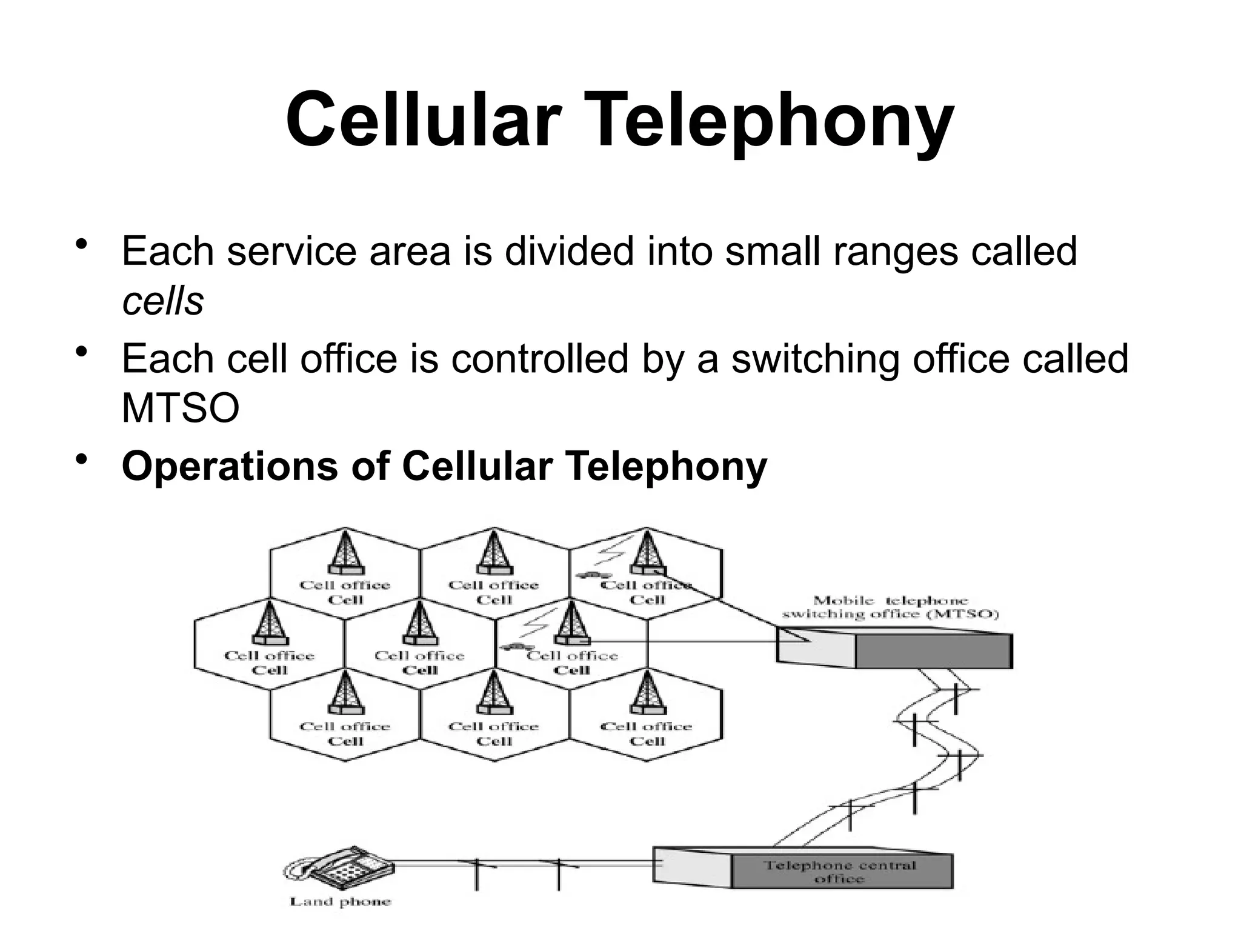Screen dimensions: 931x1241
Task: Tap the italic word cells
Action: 162,301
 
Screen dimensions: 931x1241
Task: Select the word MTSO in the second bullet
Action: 181,408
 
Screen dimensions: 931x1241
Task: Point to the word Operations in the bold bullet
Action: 230,467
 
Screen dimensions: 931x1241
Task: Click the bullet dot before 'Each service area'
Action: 81,246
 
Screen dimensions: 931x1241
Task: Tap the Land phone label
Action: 341,902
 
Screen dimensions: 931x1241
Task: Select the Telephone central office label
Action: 840,872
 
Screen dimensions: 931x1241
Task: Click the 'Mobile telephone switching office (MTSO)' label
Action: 890,607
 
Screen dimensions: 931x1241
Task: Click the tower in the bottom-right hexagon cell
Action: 647,693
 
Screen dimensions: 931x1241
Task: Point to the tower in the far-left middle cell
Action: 270,622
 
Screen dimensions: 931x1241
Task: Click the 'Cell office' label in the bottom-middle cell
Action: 493,726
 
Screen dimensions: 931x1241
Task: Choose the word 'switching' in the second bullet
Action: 815,359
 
